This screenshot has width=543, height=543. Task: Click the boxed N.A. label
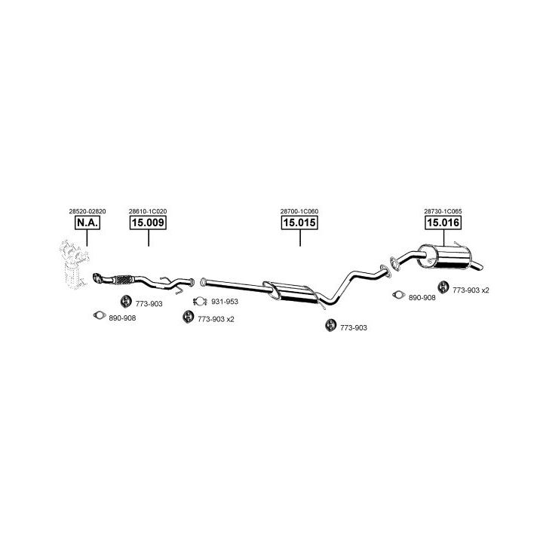click(x=87, y=222)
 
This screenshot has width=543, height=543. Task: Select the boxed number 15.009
click(x=149, y=222)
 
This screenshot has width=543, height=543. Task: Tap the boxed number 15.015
click(x=299, y=222)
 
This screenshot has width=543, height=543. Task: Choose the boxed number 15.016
click(x=443, y=222)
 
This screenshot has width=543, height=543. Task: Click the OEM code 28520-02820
click(x=87, y=211)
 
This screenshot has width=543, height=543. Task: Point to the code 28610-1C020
click(x=148, y=211)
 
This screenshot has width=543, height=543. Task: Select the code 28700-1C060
click(x=299, y=211)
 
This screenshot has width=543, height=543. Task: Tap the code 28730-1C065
click(x=443, y=211)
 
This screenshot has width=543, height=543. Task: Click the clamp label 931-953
click(x=225, y=302)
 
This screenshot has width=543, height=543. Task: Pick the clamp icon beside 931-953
click(x=200, y=302)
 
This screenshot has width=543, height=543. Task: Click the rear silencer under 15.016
click(x=445, y=257)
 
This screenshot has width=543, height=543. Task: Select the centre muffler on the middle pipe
click(x=292, y=293)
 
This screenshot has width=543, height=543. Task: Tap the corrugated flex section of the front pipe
click(x=123, y=280)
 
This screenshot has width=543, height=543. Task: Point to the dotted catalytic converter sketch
click(x=74, y=264)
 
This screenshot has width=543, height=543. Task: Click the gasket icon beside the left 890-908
click(x=100, y=315)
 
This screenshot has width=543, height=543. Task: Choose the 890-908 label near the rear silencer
click(x=422, y=298)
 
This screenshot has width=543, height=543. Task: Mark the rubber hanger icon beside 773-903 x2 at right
click(x=443, y=287)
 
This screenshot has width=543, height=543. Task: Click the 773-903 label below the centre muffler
click(x=353, y=327)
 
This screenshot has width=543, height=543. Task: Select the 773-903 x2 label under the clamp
click(x=216, y=319)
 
